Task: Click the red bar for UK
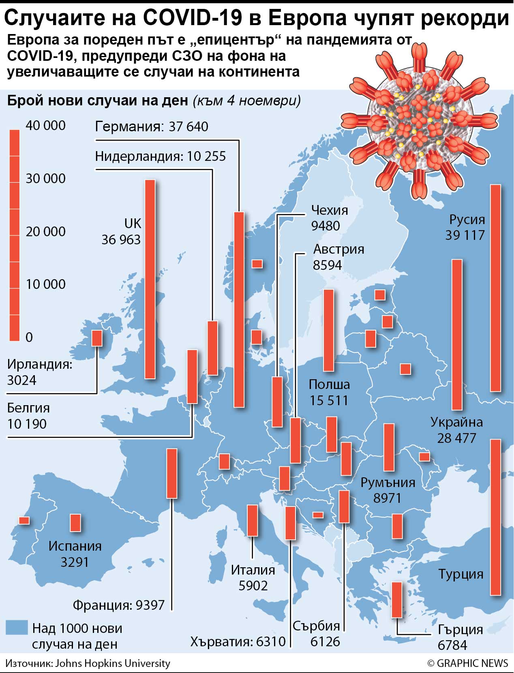[x=150, y=280]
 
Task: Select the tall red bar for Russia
[x=495, y=288]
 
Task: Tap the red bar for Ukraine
[x=457, y=334]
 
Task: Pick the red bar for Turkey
[x=495, y=517]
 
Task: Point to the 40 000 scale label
[x=45, y=126]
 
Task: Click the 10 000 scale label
[x=45, y=284]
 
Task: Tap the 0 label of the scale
[x=29, y=337]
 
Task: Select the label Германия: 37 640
[x=152, y=126]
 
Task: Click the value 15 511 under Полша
[x=329, y=400]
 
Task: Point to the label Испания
[x=75, y=546]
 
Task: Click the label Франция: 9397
[x=118, y=605]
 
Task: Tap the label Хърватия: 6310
[x=238, y=641]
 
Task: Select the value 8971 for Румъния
[x=387, y=498]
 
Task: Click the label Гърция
[x=460, y=629]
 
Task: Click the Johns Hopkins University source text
[x=112, y=663]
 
